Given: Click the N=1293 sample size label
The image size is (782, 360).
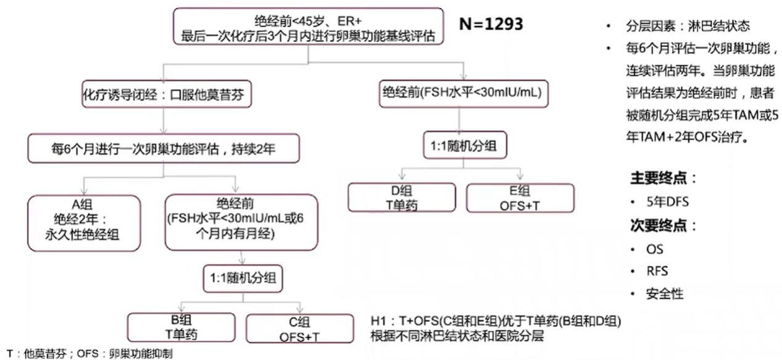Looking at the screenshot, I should tap(491, 24).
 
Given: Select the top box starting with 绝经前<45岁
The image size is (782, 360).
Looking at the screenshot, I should tap(309, 27).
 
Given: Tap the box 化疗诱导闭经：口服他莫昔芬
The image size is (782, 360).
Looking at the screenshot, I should tap(167, 95).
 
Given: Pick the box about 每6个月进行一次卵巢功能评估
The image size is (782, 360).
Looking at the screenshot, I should tap(164, 148).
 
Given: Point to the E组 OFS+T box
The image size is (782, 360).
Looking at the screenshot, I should tap(520, 198).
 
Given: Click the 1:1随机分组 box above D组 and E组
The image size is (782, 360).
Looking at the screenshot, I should tap(464, 147).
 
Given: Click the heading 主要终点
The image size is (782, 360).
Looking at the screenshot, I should tap(663, 178).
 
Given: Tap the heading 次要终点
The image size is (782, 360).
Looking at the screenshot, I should tap(663, 225).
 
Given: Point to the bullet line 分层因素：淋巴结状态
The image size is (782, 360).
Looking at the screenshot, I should tap(688, 26).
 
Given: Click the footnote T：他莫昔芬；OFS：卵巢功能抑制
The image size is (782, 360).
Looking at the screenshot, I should tap(86, 354).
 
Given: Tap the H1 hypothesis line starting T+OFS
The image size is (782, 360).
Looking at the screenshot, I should tap(496, 322).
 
